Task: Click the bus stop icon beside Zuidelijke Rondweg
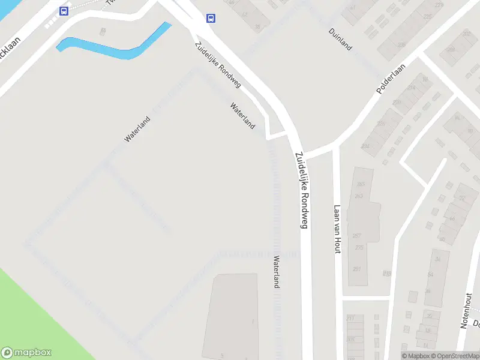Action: pos(211,18)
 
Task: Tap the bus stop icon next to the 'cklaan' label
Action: pos(64,11)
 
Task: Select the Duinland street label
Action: pos(340,39)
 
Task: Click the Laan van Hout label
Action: pos(337,229)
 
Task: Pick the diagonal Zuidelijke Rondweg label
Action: pos(217,65)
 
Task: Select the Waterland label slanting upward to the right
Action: pos(137,128)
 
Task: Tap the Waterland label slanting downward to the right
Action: pos(242,116)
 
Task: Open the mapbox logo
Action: pos(26,353)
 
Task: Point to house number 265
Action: pos(360,184)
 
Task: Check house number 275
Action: pos(359,247)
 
